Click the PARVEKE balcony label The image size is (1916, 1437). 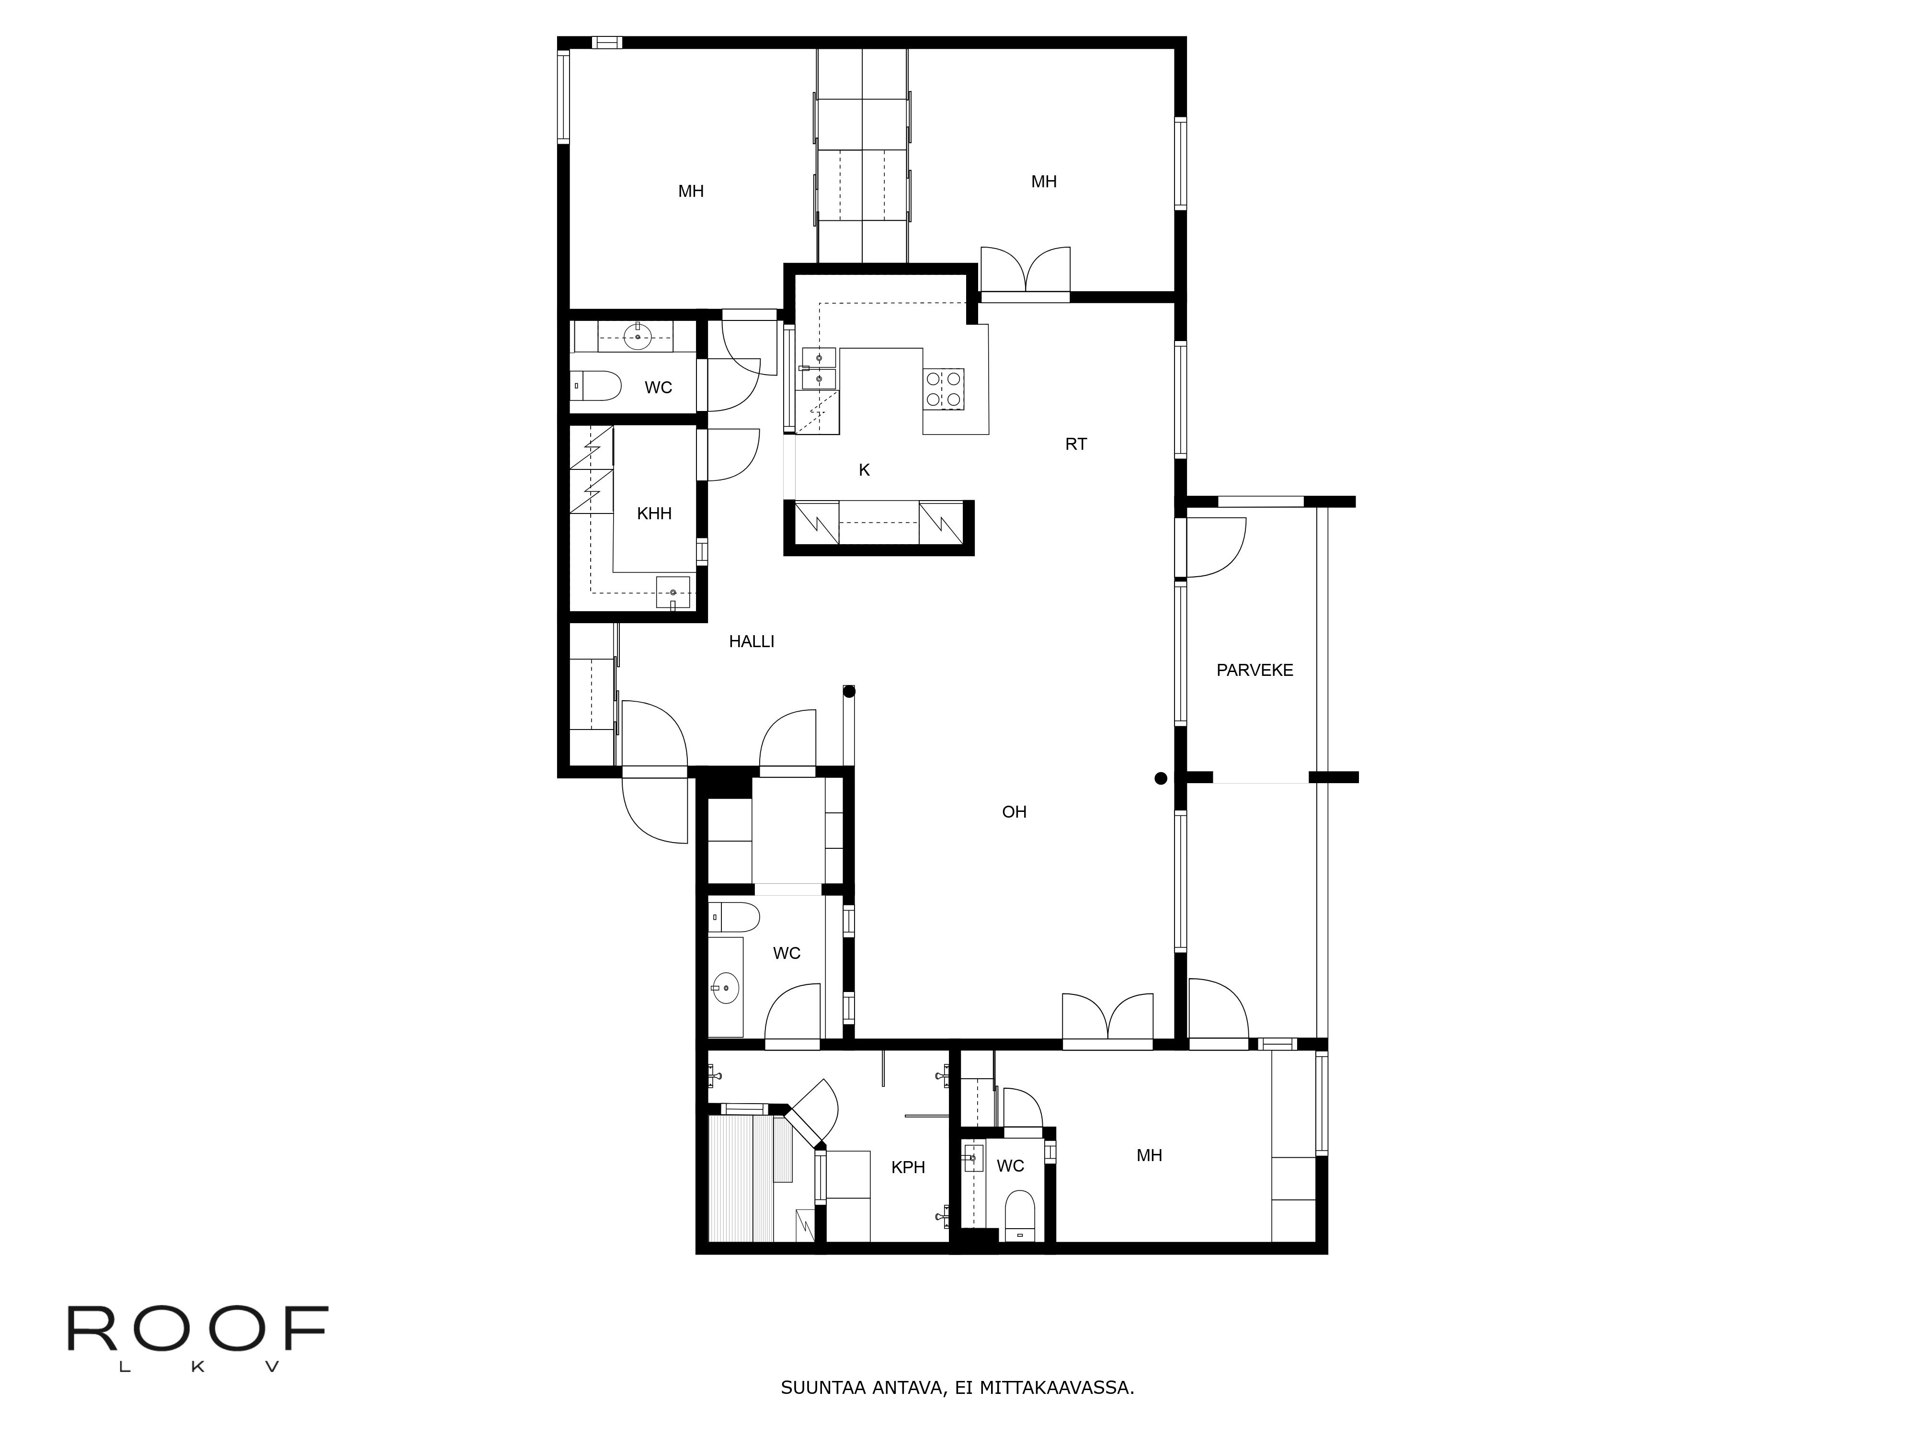point(1254,670)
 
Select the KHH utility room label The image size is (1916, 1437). point(654,513)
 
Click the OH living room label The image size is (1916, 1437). point(1015,811)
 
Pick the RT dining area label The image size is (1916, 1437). point(1076,445)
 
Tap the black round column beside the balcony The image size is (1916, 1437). point(1161,779)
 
